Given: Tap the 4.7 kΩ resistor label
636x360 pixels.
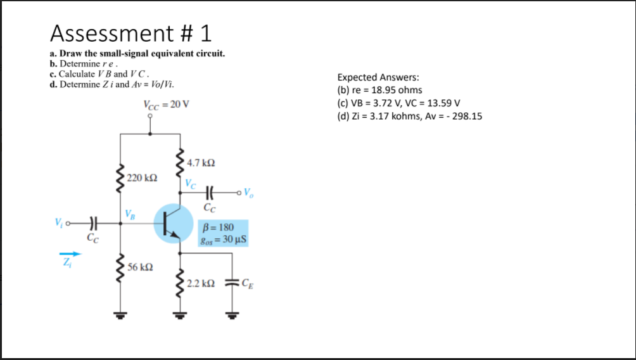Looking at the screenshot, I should [x=201, y=163].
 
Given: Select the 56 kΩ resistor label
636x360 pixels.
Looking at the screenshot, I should [x=138, y=267].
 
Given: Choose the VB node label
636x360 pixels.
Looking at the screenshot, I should [x=130, y=212].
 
